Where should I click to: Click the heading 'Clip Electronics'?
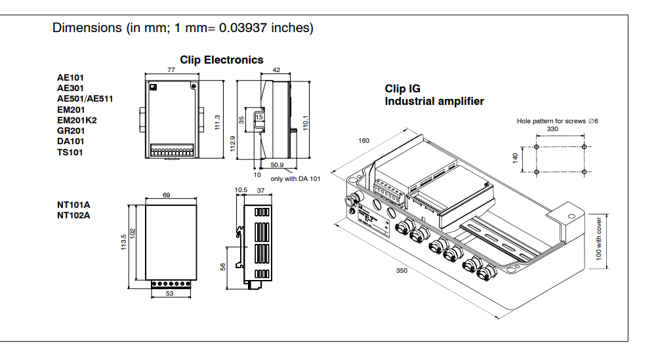point(222,60)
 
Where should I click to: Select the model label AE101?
point(70,77)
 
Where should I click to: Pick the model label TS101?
point(70,152)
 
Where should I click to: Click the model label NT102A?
point(73,214)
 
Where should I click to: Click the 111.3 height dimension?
point(217,121)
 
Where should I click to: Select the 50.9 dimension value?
point(278,165)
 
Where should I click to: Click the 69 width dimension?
point(166,196)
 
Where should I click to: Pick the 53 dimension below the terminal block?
point(170,294)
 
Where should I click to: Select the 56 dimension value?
point(223,266)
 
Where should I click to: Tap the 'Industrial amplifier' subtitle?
point(434,102)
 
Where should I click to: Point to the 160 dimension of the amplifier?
point(364,142)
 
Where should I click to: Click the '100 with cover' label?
point(599,240)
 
